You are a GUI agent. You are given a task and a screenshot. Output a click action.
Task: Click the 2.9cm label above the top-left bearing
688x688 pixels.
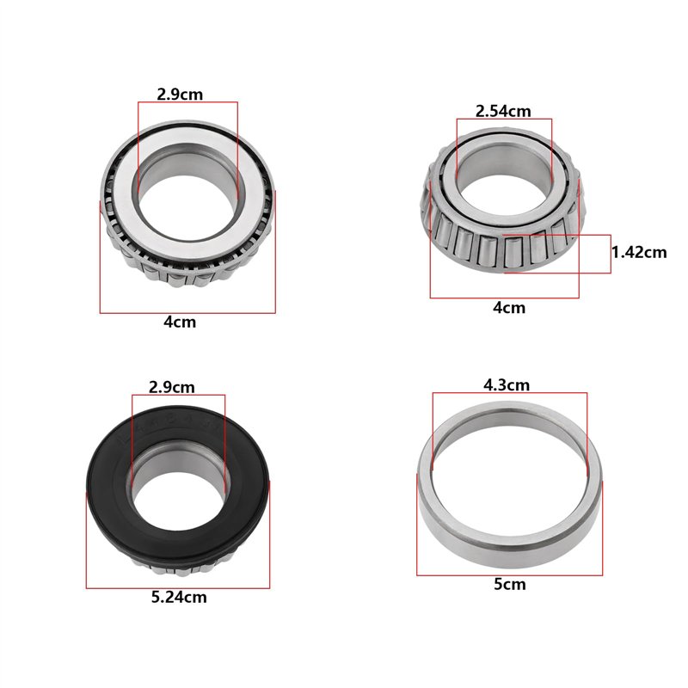tap(180, 95)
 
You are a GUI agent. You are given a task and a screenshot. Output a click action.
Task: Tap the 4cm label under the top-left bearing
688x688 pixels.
tap(180, 322)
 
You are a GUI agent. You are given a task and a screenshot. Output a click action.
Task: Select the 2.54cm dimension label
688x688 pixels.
tap(503, 111)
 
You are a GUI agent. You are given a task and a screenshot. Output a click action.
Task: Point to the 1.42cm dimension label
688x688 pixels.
tap(639, 252)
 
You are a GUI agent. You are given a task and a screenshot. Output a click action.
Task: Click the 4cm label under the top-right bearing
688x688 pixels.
tap(509, 308)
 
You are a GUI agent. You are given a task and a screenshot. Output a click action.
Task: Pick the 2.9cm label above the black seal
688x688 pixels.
tap(171, 387)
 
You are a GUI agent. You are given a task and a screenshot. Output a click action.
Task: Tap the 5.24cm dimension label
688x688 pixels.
tap(179, 597)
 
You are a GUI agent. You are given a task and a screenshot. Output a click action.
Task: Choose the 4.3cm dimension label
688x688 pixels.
tap(507, 384)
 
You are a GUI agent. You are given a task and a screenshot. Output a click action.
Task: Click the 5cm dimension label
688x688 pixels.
tap(509, 585)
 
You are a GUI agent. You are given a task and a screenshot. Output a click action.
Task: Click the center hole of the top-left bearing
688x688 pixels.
tap(187, 207)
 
